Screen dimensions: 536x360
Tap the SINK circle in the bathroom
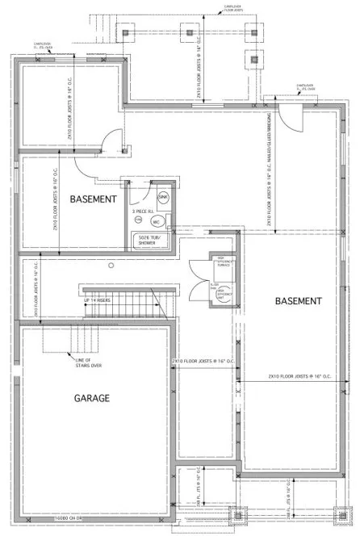162,197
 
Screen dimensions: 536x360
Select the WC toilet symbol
159,220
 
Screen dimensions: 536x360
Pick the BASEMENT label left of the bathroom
94,198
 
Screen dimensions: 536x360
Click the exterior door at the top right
291,121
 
